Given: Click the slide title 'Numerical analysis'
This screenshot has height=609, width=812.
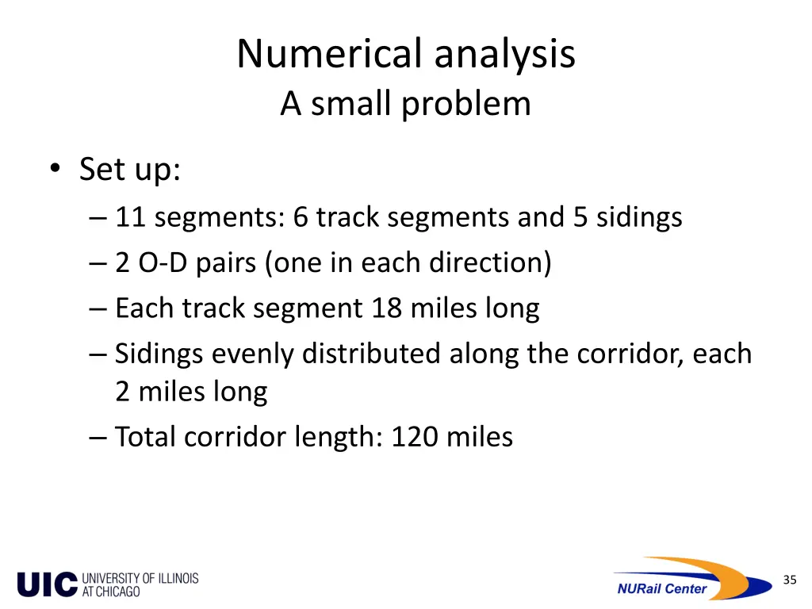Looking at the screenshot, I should pos(405,55).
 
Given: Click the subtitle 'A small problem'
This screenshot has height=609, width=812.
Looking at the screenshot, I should pos(405,104).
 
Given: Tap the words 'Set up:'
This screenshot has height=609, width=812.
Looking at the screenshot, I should pos(130,170).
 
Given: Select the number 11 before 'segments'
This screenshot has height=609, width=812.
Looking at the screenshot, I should pos(131,216).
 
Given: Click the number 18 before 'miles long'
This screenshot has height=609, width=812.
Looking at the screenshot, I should pos(386,308).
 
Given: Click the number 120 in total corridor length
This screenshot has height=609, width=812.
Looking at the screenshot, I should pos(415,437).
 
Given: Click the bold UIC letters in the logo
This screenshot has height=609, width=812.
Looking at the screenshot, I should pos(48,585).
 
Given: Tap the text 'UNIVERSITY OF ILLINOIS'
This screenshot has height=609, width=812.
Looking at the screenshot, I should pos(140,579).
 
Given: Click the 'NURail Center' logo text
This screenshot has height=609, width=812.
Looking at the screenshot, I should pos(661,588).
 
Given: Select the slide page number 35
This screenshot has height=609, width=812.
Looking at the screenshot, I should pos(789,580).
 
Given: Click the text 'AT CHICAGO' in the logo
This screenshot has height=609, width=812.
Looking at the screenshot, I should pos(111,592).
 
